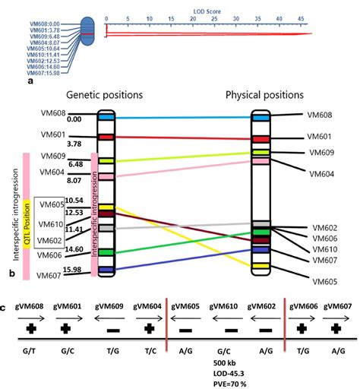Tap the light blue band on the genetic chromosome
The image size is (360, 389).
click(106, 118)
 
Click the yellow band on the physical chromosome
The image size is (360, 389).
click(261, 266)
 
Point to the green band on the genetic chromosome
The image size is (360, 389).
click(106, 251)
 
